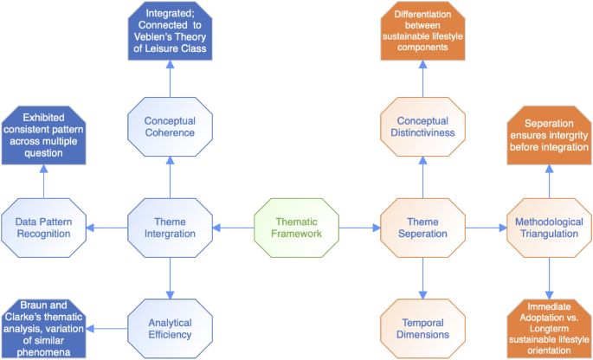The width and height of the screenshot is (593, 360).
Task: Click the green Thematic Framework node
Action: (296, 228)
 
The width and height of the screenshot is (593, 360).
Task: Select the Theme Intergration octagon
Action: (169, 228)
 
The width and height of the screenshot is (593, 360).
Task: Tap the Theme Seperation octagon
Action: (422, 228)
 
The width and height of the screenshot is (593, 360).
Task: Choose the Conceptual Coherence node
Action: (169, 126)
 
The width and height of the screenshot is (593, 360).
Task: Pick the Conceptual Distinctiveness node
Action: (422, 126)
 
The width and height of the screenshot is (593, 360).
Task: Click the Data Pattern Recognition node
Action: (42, 228)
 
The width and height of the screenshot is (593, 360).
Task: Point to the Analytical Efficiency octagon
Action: (169, 327)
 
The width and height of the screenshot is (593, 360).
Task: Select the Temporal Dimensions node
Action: (422, 327)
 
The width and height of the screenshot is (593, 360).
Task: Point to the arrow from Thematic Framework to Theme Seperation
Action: (359, 228)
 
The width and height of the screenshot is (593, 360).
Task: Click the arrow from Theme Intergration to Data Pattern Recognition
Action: (106, 228)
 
